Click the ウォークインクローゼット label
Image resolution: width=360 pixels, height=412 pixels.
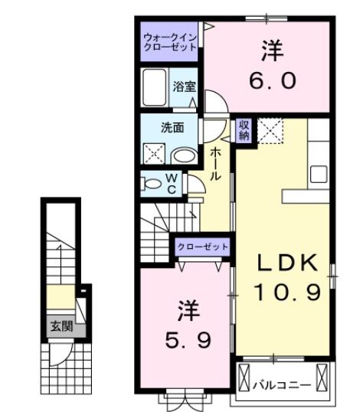[x=169, y=41]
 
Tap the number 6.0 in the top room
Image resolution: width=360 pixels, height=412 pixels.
[x=271, y=80]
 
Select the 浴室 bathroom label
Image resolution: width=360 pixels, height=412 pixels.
[x=182, y=87]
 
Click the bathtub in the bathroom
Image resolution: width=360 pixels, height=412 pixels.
[x=155, y=90]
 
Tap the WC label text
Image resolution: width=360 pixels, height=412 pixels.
[x=172, y=184]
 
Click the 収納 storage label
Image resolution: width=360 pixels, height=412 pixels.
[x=244, y=130]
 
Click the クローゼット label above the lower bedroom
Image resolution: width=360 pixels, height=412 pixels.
[x=203, y=247]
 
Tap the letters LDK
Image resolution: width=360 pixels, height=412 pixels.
[x=286, y=263]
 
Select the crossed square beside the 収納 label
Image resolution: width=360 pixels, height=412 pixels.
[x=270, y=129]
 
